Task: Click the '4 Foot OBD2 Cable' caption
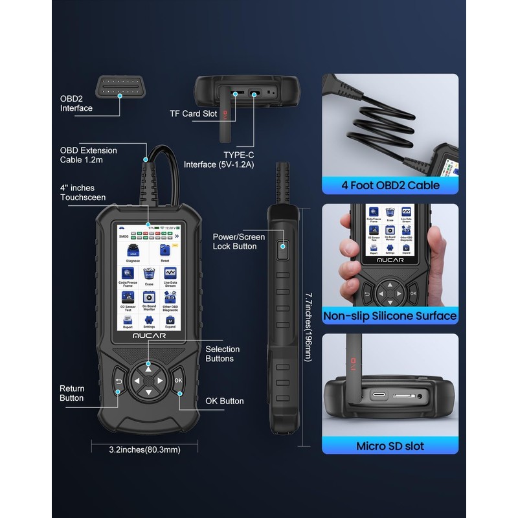[x=390, y=185]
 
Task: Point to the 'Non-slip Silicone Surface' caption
[x=390, y=316]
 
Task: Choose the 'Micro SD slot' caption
[x=390, y=446]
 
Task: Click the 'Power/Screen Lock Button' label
[x=239, y=242]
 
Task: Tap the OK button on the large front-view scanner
[x=178, y=381]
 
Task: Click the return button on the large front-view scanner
[x=119, y=381]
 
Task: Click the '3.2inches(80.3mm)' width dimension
[x=144, y=448]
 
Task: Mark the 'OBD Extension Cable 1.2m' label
[x=89, y=155]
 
